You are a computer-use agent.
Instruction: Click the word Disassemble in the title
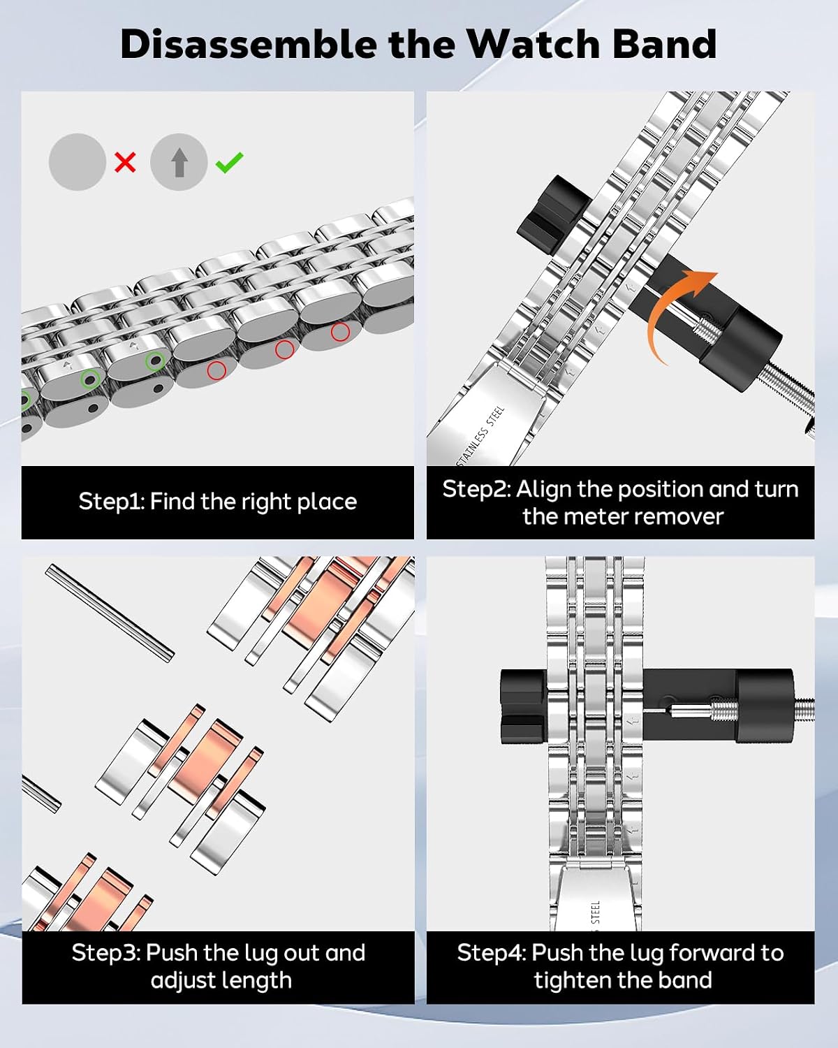click(249, 45)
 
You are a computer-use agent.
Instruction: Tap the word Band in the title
click(663, 45)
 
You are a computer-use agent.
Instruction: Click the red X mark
click(125, 162)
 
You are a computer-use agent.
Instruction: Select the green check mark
click(229, 162)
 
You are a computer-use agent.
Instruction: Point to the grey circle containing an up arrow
click(179, 161)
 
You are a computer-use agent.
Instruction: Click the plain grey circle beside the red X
click(78, 161)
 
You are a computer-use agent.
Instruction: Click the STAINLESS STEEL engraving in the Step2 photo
click(480, 435)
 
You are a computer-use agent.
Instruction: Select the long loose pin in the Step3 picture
click(110, 613)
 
